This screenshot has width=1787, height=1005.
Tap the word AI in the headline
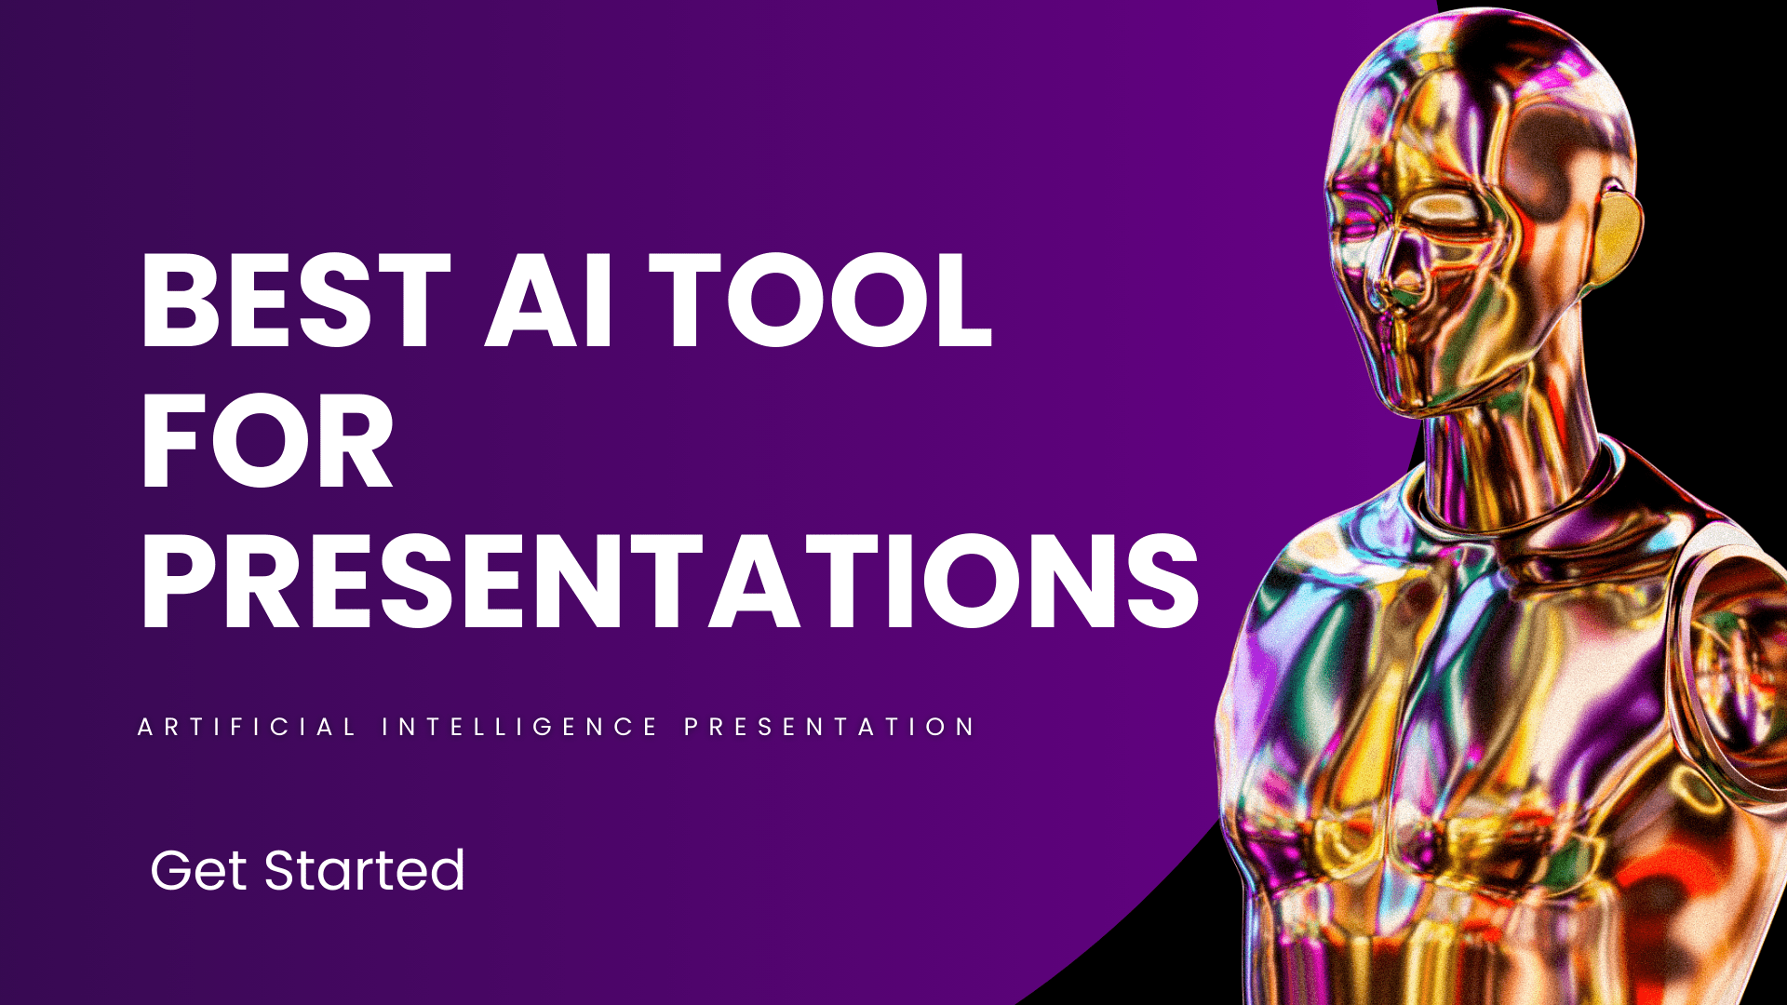coord(549,301)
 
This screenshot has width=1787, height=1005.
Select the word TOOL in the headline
coord(820,301)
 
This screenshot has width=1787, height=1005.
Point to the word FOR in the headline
coord(267,440)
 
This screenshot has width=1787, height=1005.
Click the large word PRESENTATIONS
coord(670,580)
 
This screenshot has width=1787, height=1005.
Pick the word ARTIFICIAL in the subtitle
coord(247,727)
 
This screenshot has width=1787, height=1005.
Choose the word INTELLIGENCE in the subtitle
coord(520,727)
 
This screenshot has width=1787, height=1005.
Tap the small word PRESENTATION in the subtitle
coord(829,727)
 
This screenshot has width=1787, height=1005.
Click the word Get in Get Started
coord(199,870)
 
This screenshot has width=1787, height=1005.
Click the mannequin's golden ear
coord(1620,228)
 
